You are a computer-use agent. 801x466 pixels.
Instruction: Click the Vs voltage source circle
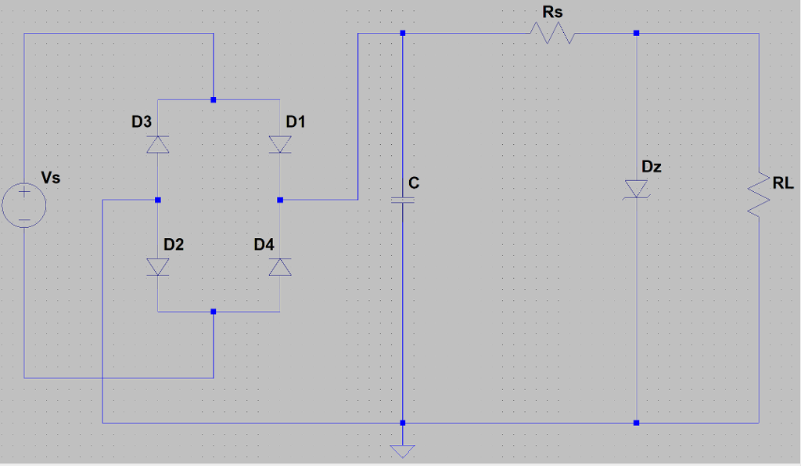pyautogui.click(x=24, y=206)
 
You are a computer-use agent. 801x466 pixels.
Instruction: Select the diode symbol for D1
pyautogui.click(x=280, y=144)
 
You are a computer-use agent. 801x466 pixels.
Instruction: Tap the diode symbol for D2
pyautogui.click(x=158, y=267)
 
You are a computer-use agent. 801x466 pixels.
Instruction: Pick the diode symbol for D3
pyautogui.click(x=158, y=144)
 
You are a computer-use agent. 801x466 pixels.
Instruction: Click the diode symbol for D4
pyautogui.click(x=280, y=267)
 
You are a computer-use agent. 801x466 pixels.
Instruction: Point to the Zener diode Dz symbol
pyautogui.click(x=637, y=189)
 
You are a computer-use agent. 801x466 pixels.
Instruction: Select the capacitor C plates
pyautogui.click(x=402, y=200)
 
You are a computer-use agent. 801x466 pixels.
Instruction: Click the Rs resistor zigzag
pyautogui.click(x=551, y=34)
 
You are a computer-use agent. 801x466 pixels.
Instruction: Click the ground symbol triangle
pyautogui.click(x=402, y=450)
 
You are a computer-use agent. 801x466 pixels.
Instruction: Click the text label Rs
pyautogui.click(x=552, y=13)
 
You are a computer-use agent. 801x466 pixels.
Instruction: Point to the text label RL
pyautogui.click(x=783, y=183)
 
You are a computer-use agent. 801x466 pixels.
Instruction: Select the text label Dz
pyautogui.click(x=652, y=166)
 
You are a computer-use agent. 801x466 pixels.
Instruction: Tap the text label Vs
pyautogui.click(x=51, y=178)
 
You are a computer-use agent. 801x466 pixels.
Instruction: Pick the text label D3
pyautogui.click(x=142, y=121)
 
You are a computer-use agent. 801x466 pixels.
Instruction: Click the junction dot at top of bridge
pyautogui.click(x=214, y=100)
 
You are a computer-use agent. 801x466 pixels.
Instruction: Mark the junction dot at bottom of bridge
pyautogui.click(x=214, y=312)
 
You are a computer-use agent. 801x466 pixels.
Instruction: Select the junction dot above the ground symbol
pyautogui.click(x=402, y=423)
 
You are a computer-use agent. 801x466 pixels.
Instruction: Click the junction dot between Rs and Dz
pyautogui.click(x=637, y=34)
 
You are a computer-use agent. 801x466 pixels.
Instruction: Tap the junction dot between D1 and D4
pyautogui.click(x=280, y=200)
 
